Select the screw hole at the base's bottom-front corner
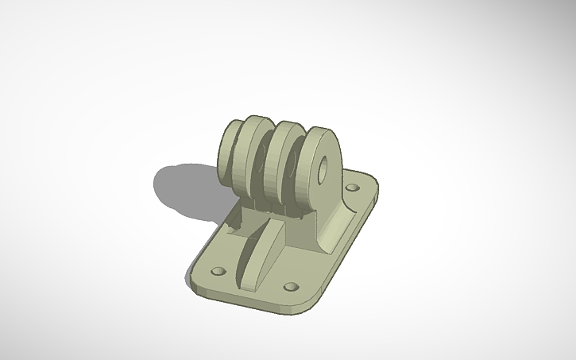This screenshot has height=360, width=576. click(x=292, y=285)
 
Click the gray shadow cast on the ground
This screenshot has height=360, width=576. click(x=183, y=191)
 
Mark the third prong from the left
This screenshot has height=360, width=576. click(x=282, y=163)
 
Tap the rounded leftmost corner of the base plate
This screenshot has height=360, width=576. click(x=194, y=274)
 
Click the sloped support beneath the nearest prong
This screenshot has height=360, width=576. click(x=334, y=226)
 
